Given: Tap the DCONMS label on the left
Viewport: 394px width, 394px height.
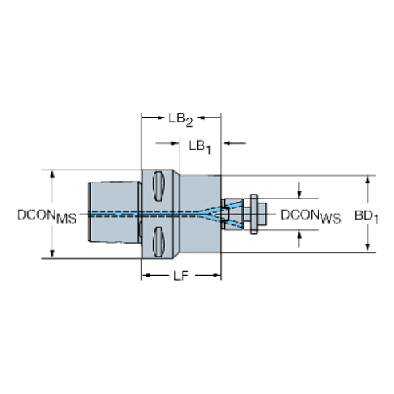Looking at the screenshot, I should pos(47,215).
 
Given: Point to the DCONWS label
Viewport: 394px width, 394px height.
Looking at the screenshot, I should pos(310,215).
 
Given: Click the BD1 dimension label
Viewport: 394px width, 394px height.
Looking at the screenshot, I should pos(367,215).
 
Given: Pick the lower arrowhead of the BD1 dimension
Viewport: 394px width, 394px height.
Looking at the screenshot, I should pos(367,249).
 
